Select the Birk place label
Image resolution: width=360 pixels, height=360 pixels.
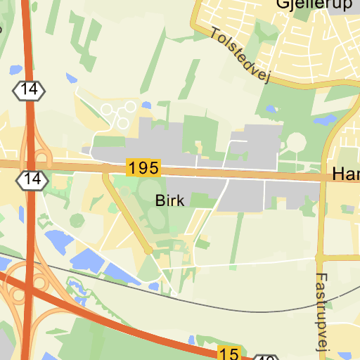[169, 201]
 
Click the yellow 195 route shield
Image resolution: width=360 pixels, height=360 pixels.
[143, 168]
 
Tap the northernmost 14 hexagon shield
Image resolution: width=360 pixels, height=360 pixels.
[30, 90]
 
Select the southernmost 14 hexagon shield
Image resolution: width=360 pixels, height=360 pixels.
[32, 179]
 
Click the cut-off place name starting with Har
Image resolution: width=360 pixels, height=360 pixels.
[346, 174]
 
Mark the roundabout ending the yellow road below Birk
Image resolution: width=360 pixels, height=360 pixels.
[148, 250]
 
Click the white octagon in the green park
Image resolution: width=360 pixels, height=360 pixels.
[296, 141]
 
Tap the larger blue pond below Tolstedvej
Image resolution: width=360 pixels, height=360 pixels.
[325, 120]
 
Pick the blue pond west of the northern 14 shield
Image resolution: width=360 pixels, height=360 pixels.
[14, 70]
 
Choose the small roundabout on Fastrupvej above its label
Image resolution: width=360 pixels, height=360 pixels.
[320, 257]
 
